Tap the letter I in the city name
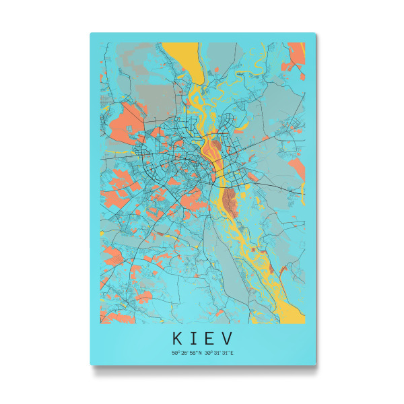(x=194, y=336)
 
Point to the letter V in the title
(x=228, y=336)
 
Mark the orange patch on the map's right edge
(x=297, y=165)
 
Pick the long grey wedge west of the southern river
(x=215, y=249)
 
